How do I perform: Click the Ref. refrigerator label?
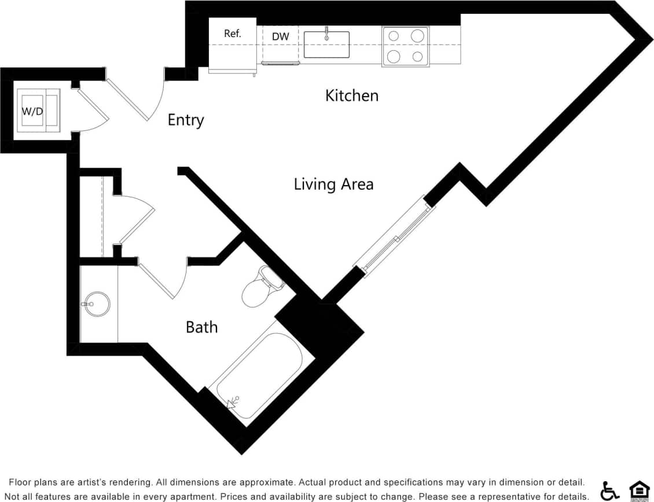[232, 34]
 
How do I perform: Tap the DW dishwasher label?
[280, 37]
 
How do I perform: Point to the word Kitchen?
[351, 95]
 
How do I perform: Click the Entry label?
[186, 120]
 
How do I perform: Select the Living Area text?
[333, 184]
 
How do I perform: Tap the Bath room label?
[201, 327]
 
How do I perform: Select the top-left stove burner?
[394, 36]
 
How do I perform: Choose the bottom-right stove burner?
[417, 57]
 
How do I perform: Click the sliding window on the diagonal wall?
[395, 237]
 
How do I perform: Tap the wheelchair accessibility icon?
[609, 490]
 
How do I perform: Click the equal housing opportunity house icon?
[638, 490]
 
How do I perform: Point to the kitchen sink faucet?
[326, 32]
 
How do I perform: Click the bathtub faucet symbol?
[234, 402]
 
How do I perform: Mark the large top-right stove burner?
[417, 36]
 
